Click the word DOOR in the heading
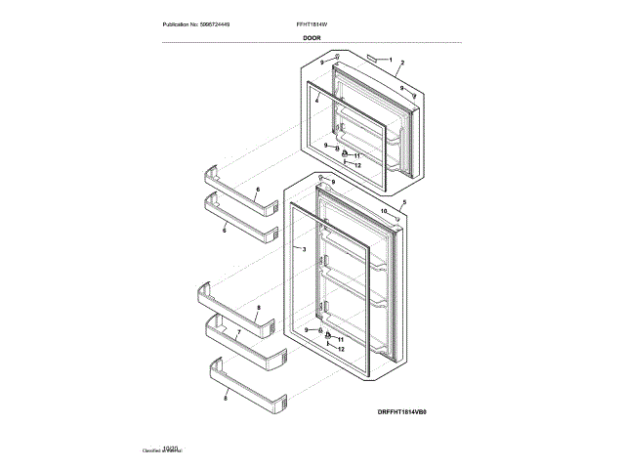(x=312, y=37)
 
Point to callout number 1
(x=390, y=61)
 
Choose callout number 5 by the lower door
(x=404, y=201)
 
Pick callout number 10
(x=383, y=210)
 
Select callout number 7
(x=237, y=332)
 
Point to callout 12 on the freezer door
(x=357, y=165)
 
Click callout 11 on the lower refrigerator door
(x=341, y=338)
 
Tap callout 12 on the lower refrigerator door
(x=341, y=348)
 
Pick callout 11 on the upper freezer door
(x=357, y=156)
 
